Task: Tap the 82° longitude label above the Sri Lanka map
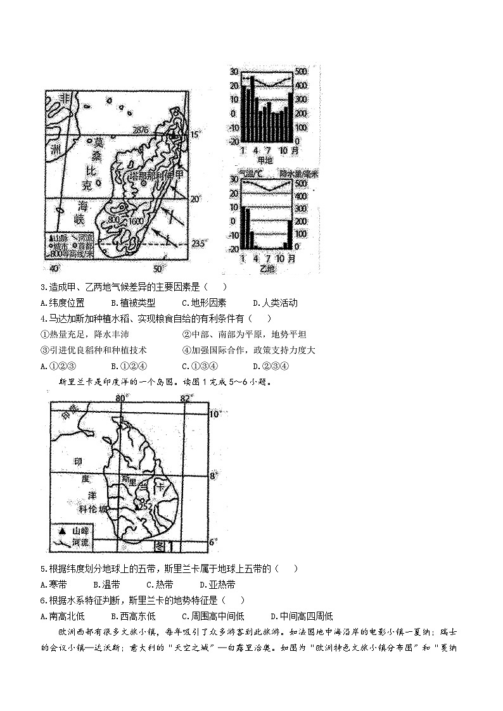tap(185, 398)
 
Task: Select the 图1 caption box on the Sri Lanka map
tap(167, 545)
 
